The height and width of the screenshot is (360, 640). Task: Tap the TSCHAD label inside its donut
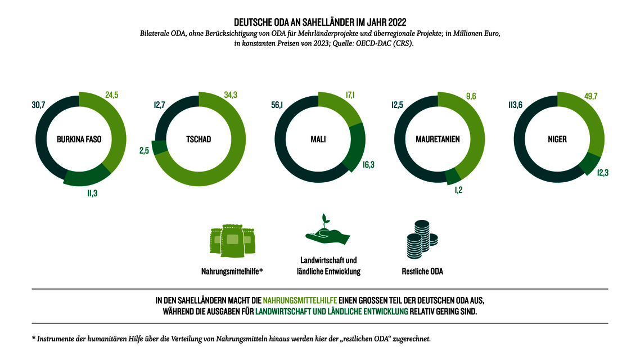pos(199,139)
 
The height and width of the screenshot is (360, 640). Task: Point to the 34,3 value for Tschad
pos(231,95)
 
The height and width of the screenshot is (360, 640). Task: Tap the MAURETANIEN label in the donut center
pos(438,139)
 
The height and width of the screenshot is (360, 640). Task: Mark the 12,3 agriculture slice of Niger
pos(591,163)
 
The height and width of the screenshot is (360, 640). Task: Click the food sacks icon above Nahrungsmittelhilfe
pos(232,241)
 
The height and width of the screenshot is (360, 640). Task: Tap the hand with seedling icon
pos(327,232)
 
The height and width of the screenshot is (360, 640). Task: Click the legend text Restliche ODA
pos(422,271)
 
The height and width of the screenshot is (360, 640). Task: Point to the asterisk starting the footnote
pos(34,339)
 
